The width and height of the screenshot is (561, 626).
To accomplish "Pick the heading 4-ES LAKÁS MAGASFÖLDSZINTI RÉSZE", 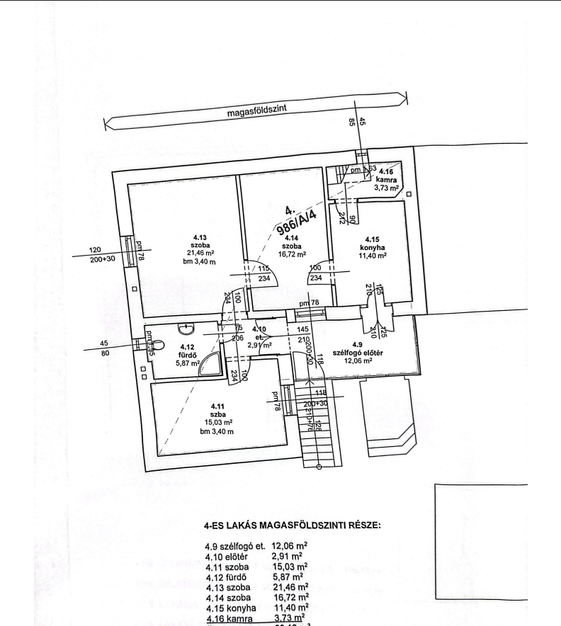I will pyautogui.click(x=292, y=525).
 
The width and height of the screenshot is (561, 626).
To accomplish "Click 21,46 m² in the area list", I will pyautogui.click(x=290, y=587).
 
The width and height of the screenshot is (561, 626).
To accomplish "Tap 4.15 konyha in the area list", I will pyautogui.click(x=232, y=607).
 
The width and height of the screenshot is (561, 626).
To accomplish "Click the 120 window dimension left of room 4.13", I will pyautogui.click(x=96, y=250).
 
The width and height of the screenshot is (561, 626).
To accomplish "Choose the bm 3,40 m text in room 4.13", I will pyautogui.click(x=196, y=261).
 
